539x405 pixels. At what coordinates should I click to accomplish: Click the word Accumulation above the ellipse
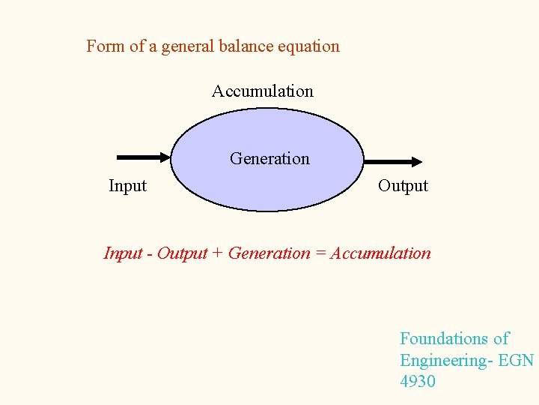262,91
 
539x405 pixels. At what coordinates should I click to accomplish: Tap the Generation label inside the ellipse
269,159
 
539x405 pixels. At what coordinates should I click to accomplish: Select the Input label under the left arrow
127,186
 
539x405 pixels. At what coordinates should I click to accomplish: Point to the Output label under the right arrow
403,186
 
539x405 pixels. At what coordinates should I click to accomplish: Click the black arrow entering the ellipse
144,157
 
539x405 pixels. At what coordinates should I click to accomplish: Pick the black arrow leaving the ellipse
393,160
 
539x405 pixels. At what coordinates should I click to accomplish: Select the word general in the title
186,46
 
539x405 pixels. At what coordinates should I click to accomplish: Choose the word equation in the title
308,46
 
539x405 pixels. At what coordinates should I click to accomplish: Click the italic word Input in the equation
123,253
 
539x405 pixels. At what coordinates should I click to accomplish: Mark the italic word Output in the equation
182,253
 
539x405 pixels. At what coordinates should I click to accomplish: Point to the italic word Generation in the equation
269,253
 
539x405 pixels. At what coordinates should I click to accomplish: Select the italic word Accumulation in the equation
380,253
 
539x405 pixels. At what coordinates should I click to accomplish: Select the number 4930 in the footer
418,382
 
